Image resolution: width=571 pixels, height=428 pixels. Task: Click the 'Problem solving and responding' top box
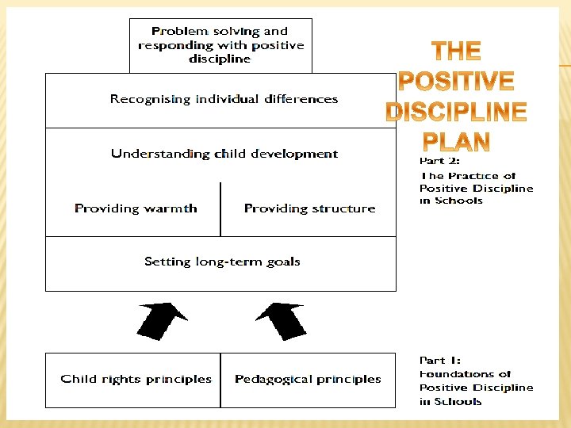(220, 45)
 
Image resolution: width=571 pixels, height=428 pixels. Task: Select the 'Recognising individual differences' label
(224, 100)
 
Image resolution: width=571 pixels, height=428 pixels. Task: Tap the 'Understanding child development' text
(224, 154)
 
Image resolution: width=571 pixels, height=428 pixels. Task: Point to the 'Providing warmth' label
(136, 208)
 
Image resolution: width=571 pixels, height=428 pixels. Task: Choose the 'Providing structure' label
(309, 208)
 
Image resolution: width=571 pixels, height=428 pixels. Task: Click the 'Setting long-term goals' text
(222, 262)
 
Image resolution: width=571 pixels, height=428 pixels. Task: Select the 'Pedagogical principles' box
(308, 380)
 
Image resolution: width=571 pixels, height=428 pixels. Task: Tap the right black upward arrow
(282, 320)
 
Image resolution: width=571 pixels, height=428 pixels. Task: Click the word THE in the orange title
(456, 52)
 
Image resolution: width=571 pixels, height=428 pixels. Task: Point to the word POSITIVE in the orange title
(456, 82)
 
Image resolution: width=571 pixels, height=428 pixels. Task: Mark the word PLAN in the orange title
(456, 142)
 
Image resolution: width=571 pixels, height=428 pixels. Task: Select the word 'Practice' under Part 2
(473, 176)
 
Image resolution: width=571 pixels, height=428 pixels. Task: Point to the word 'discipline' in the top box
(220, 59)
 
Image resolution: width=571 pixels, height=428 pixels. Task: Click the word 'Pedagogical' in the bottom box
(270, 380)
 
